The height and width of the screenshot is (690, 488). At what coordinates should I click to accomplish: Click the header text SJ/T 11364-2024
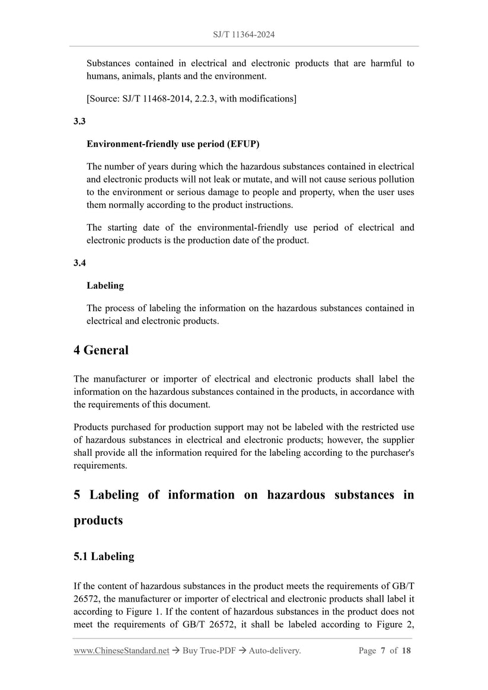[244, 35]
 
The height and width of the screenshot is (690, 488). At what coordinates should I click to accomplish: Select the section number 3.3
[80, 121]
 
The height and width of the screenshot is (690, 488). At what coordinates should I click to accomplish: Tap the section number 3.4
[80, 263]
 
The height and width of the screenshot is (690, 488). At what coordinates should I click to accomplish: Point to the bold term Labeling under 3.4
[105, 285]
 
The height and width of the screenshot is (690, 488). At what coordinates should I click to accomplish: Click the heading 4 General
[101, 350]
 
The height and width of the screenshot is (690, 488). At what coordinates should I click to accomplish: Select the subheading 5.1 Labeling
[104, 557]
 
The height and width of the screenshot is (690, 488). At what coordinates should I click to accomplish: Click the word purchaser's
[389, 453]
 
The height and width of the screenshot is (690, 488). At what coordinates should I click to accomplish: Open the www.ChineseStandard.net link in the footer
[122, 651]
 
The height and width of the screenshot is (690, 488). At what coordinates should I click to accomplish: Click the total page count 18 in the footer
[406, 651]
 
